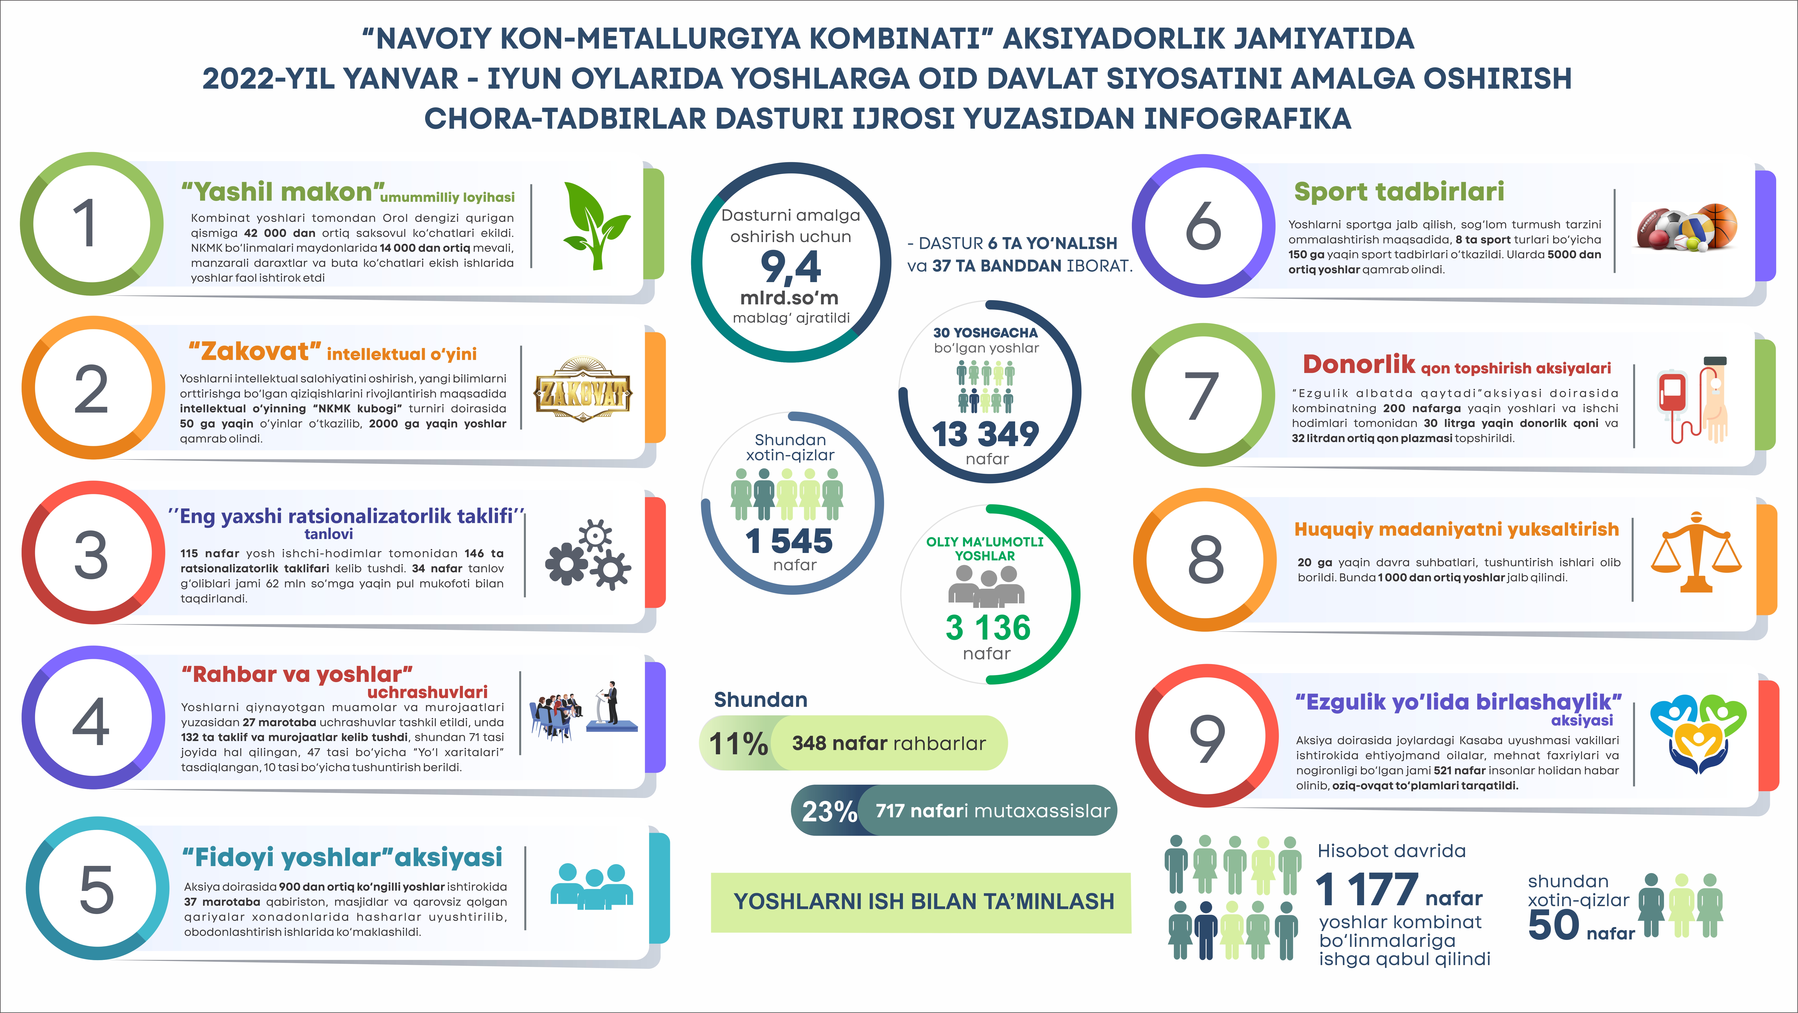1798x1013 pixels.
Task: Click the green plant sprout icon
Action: pyautogui.click(x=595, y=225)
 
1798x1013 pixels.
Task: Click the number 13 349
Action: pyautogui.click(x=985, y=434)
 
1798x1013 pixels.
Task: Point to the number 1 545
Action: pyautogui.click(x=789, y=541)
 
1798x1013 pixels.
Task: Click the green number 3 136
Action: pyautogui.click(x=988, y=627)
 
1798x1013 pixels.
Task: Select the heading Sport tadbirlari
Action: pyautogui.click(x=1399, y=191)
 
